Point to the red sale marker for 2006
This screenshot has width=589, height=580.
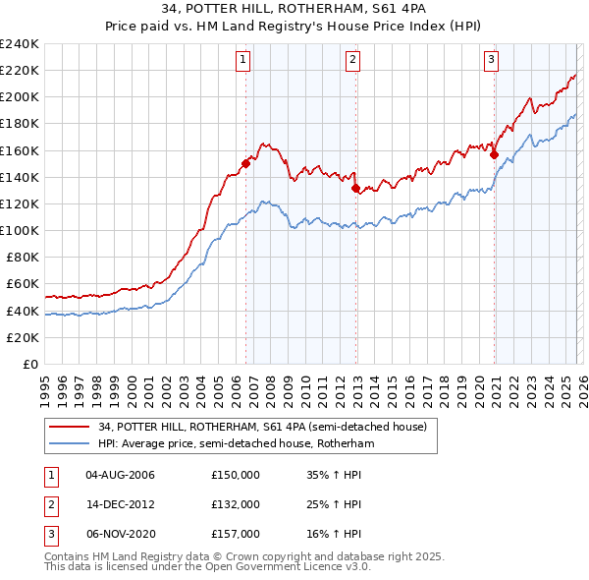(x=245, y=164)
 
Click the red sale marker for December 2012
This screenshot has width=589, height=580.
(x=355, y=188)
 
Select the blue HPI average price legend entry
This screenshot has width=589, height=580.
(x=236, y=444)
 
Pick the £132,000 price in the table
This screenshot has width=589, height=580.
(x=236, y=504)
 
